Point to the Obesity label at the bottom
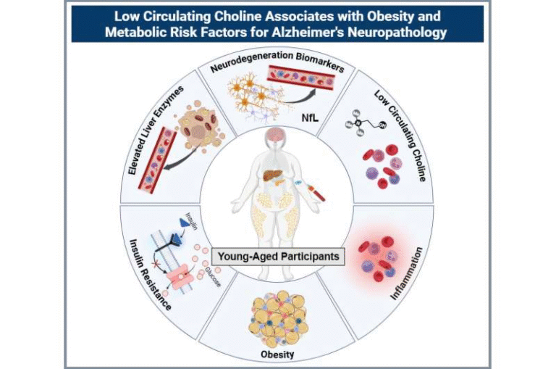[x=278, y=355]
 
